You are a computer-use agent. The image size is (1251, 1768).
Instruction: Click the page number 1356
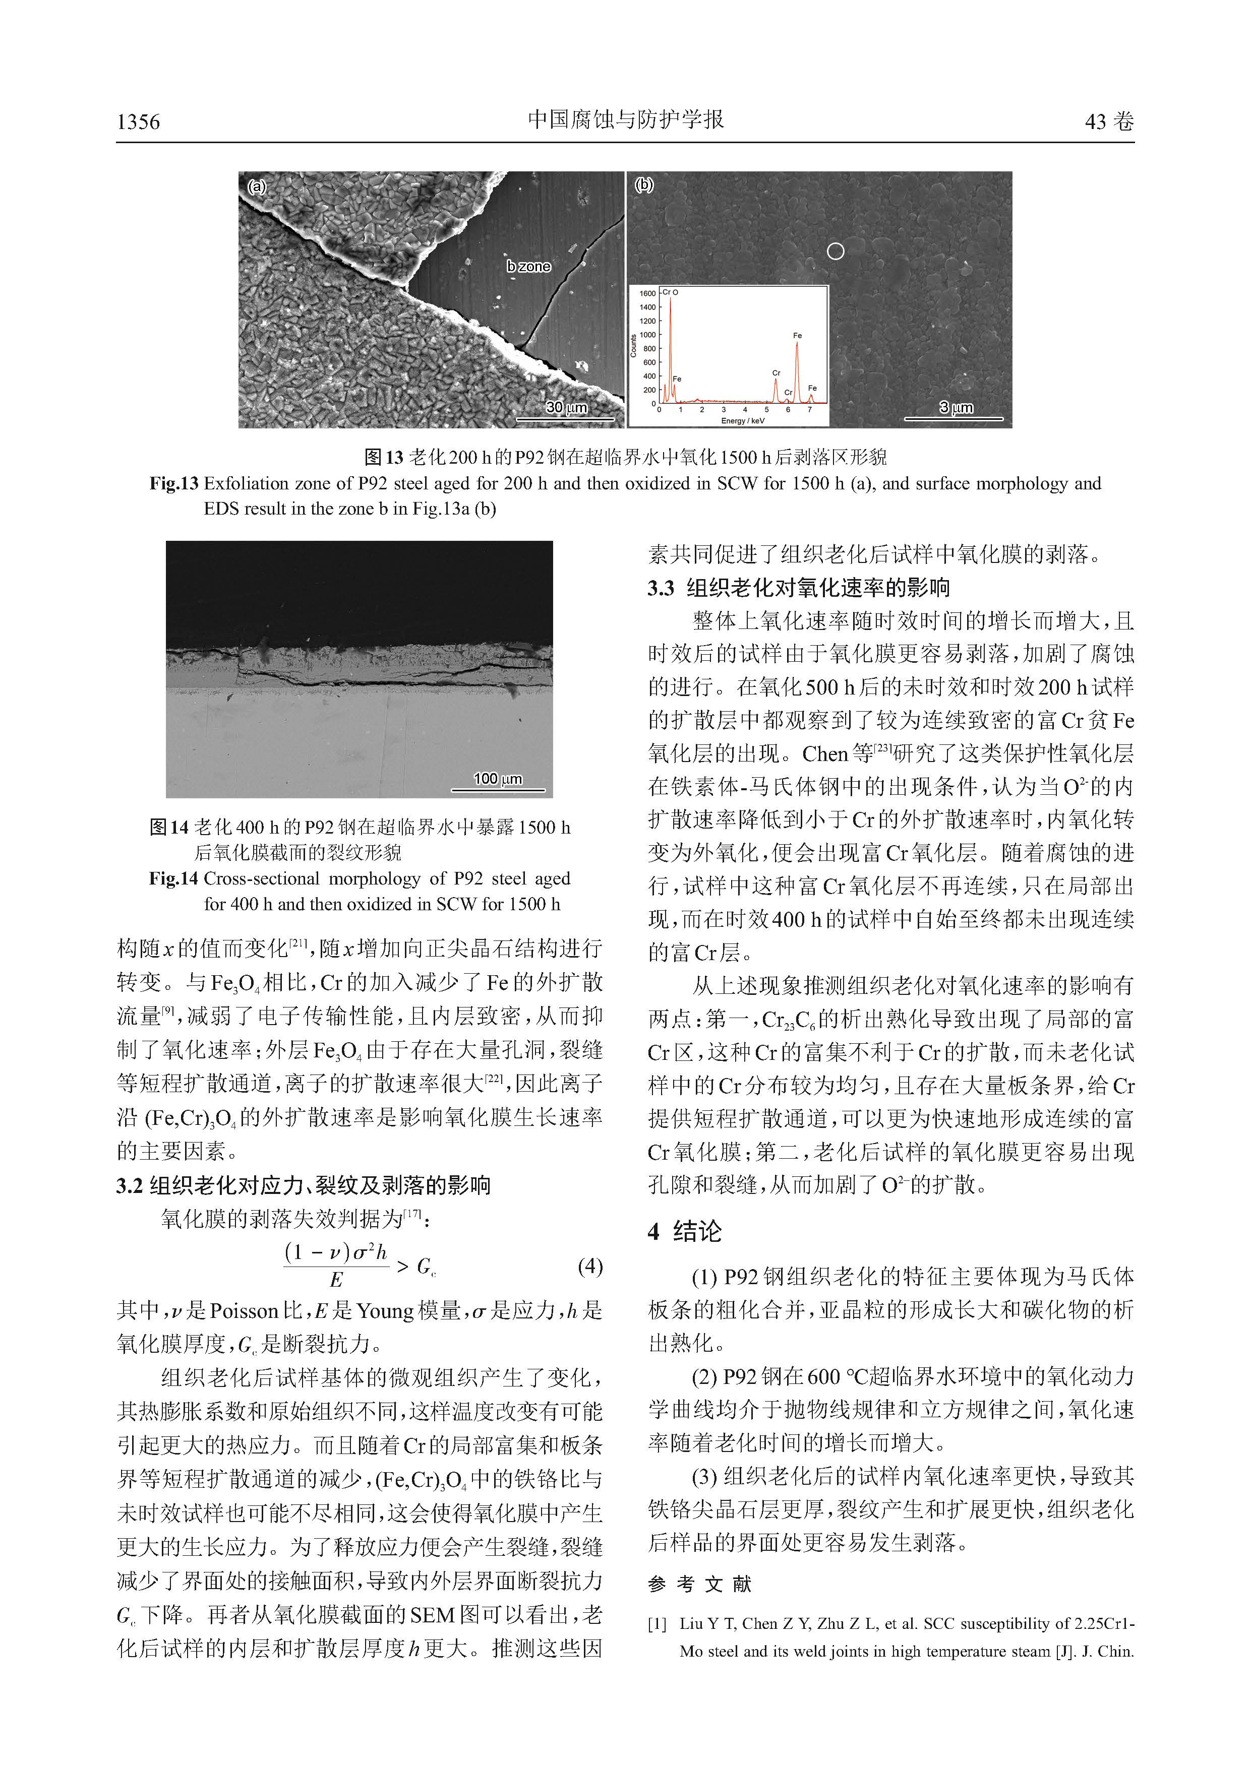(139, 121)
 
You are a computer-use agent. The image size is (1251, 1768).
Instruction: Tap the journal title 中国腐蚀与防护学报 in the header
(625, 119)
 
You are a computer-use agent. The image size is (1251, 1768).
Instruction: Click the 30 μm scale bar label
(566, 407)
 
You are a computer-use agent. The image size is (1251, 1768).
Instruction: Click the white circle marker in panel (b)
(835, 251)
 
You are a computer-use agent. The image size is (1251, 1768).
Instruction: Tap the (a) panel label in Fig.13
(257, 186)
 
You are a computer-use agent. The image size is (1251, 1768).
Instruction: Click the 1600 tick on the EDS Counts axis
(648, 293)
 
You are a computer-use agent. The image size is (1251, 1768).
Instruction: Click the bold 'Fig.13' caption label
(174, 484)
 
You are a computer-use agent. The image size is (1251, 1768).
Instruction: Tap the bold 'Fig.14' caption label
(174, 878)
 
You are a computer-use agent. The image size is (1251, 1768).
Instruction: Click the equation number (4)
(589, 1267)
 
